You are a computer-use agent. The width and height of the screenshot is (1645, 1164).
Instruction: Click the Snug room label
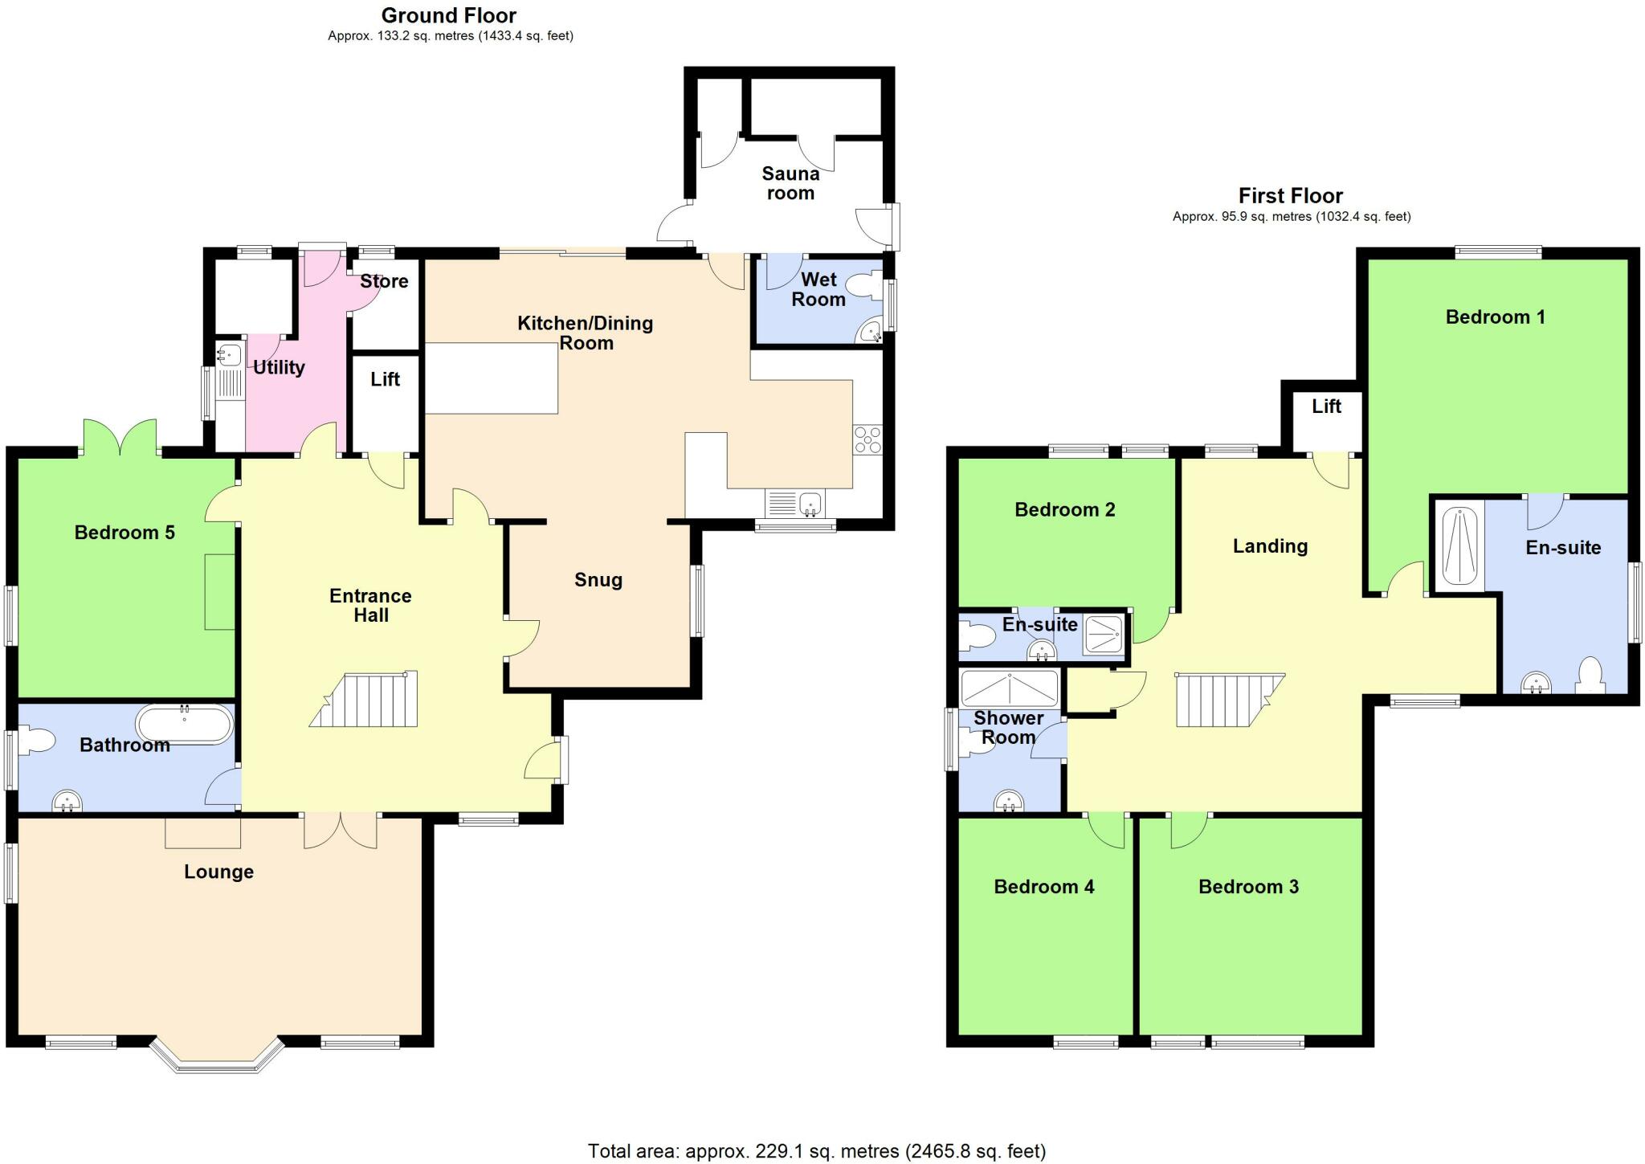coord(598,580)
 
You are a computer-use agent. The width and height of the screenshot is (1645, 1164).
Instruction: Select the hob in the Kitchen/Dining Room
coord(867,440)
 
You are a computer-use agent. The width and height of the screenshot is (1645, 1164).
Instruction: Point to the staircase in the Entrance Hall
coord(365,700)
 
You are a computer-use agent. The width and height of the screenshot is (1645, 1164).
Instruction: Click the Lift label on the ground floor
coord(385,379)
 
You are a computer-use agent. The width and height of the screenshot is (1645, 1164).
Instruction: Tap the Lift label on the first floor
coord(1326,406)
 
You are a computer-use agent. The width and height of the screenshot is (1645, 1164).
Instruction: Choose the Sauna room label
coord(790,183)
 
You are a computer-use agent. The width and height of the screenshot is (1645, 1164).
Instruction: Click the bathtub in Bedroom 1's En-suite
coord(1459,546)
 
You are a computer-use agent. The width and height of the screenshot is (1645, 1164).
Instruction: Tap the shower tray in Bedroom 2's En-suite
coord(1103,634)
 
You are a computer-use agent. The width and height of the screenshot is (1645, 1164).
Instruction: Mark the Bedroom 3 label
coord(1248,887)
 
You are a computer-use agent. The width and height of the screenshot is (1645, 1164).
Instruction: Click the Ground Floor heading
coord(448,15)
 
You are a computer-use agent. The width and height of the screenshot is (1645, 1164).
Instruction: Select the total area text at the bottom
coord(816,1151)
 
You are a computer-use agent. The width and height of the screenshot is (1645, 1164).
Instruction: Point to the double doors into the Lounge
coord(341,831)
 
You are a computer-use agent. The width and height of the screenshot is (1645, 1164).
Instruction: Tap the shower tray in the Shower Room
coord(1010,688)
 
